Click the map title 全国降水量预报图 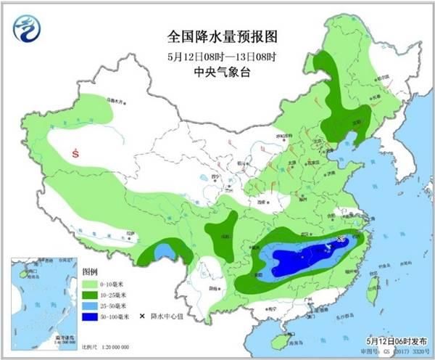click(x=222, y=36)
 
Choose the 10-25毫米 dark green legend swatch click(x=89, y=296)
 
